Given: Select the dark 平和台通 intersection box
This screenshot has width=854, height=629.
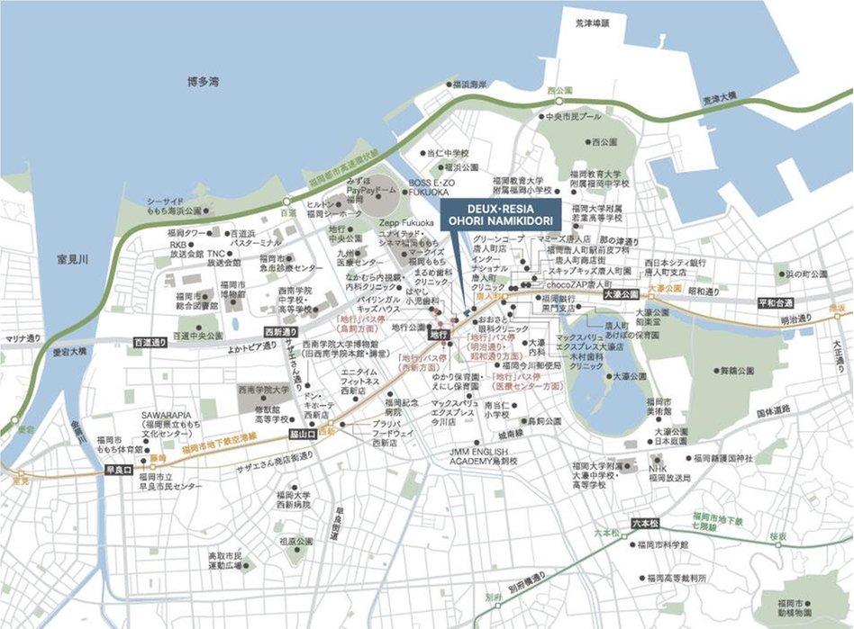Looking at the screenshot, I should click(775, 303).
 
